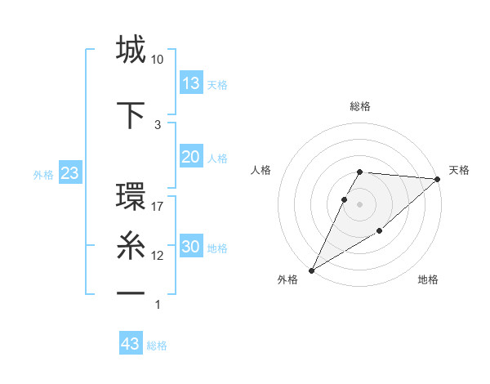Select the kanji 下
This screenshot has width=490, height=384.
coord(131,114)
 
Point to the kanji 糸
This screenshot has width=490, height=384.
coord(131,245)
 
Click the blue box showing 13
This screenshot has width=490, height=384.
coord(191,83)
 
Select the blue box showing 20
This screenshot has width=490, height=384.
coord(191,157)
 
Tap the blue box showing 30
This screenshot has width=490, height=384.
coord(191,247)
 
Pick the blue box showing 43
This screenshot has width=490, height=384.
coord(131,344)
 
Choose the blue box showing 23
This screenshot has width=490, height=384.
coord(69,173)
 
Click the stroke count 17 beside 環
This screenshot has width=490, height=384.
coord(158,207)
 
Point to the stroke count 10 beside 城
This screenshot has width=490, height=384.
coord(158,60)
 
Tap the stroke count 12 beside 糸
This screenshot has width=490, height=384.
coord(158,256)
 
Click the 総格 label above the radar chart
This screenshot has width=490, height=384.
coord(360,106)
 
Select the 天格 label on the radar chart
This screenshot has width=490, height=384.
coord(459,170)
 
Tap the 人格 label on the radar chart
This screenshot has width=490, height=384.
coord(261,170)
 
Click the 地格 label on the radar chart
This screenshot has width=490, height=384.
coord(428,279)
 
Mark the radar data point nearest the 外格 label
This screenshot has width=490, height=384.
coord(311,270)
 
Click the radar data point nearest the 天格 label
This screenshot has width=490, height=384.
coord(438,179)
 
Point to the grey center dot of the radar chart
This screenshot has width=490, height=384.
coord(360,204)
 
